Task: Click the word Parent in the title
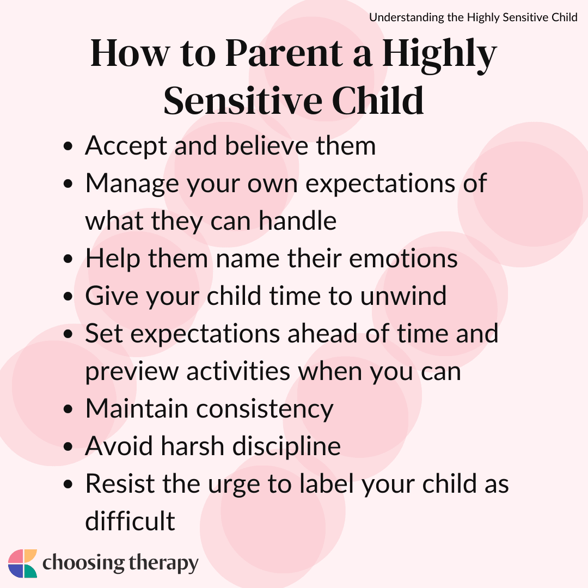pos(284,53)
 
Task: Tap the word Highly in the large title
pos(439,56)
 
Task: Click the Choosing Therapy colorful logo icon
pos(22,563)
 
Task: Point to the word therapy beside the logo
pos(164,564)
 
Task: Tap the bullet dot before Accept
pos(68,146)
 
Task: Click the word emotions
pos(403,259)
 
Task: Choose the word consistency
pos(265,409)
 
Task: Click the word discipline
pos(286,446)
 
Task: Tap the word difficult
pos(130,520)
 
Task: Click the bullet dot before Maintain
pos(68,409)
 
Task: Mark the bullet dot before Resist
pos(68,484)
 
